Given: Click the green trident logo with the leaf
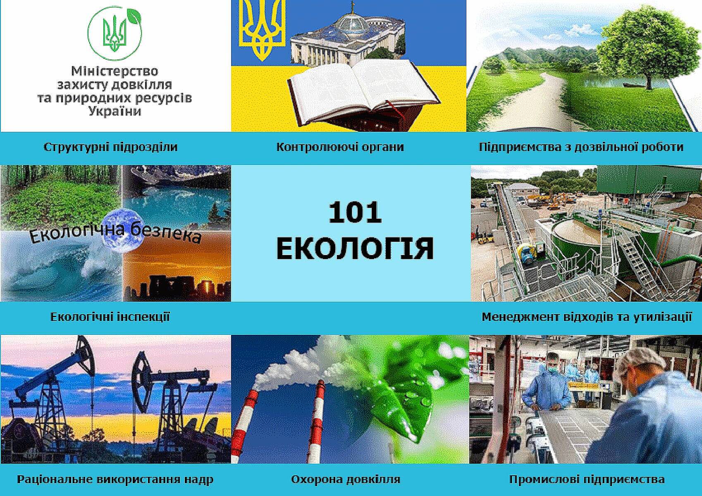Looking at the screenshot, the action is [x=115, y=33].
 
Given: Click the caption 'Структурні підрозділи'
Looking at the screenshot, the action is [x=110, y=147].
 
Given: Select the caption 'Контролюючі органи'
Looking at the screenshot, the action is [x=340, y=147].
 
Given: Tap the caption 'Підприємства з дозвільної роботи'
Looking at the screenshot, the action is [x=581, y=147].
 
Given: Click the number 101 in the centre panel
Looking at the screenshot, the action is [x=355, y=213].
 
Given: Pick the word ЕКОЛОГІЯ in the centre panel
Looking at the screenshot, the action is [x=355, y=248].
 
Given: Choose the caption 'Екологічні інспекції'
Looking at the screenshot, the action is [x=110, y=317].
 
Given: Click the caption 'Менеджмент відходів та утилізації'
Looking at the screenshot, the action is [x=587, y=317].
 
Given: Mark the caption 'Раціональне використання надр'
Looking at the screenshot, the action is [x=115, y=479].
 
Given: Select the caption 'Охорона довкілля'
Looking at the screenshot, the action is [x=345, y=479].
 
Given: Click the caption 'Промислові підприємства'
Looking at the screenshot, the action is [x=587, y=479].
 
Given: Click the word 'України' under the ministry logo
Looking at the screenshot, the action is [x=115, y=111].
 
